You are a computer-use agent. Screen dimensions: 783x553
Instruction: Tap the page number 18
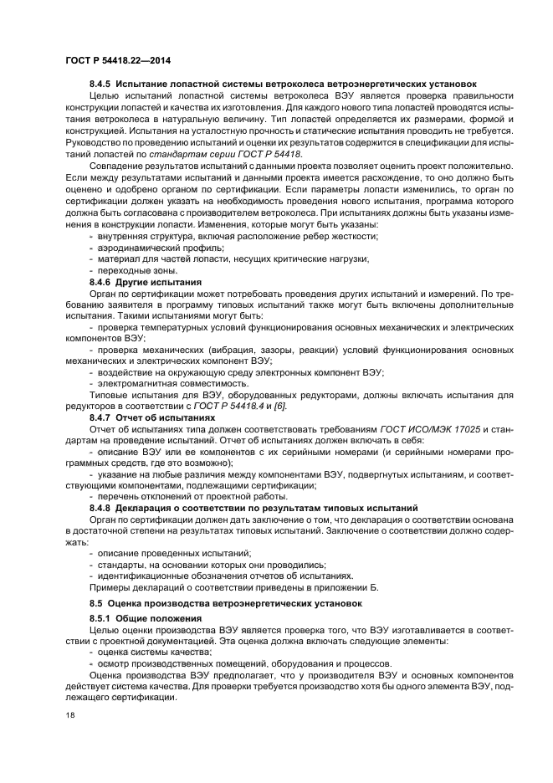[x=69, y=716]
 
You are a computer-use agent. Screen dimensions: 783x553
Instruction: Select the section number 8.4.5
[x=100, y=84]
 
